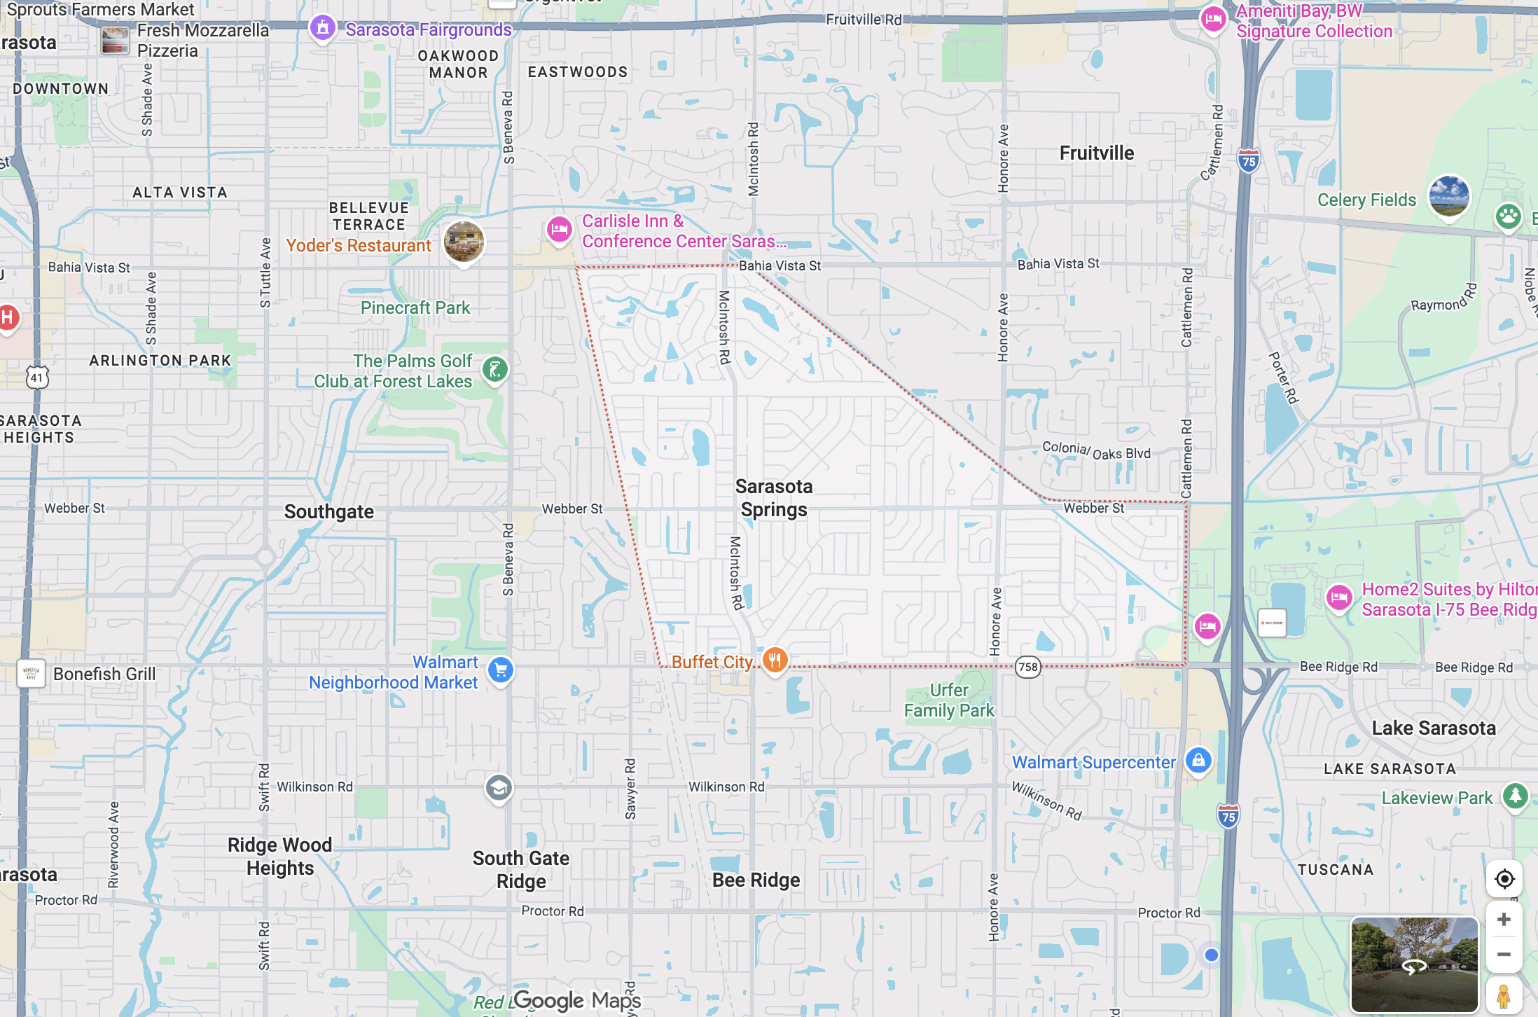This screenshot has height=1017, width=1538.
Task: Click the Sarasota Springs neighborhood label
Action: point(774,498)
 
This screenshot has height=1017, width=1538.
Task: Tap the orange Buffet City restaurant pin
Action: point(775,660)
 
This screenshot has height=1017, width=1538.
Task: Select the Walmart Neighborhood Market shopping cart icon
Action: point(500,670)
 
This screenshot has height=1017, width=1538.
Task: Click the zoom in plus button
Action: point(1504,919)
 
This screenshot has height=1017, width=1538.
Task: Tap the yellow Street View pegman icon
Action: point(1504,996)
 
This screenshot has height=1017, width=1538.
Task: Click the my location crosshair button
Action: point(1504,879)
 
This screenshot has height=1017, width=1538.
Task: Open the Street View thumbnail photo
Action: point(1414,964)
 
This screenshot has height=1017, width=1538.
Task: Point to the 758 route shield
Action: point(1028,667)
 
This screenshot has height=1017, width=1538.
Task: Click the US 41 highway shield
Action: point(37,378)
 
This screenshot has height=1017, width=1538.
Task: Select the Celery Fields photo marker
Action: point(1448,196)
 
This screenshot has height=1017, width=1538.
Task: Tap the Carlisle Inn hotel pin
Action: point(559,229)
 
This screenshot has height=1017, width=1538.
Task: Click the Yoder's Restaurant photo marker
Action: point(464,242)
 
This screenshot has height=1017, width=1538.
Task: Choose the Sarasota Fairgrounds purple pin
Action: point(322,28)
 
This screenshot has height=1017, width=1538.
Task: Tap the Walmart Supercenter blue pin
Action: point(1198,760)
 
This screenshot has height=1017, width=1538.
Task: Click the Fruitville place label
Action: point(1096,153)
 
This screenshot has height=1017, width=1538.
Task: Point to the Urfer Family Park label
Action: point(949,700)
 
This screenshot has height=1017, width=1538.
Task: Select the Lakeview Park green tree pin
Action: point(1516,796)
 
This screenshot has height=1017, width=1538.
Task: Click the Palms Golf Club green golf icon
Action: point(495,369)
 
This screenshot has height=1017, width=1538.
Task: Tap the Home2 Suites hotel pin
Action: point(1339,598)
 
